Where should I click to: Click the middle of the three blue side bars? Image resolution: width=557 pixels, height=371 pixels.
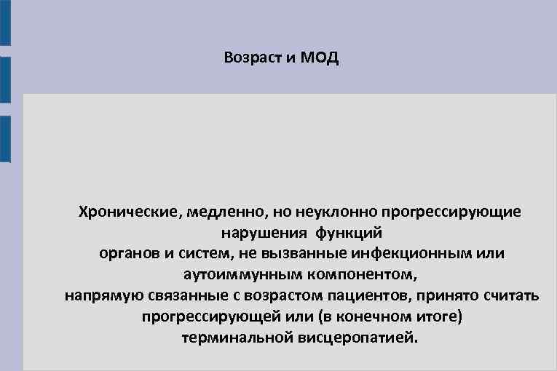[x=5, y=80]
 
